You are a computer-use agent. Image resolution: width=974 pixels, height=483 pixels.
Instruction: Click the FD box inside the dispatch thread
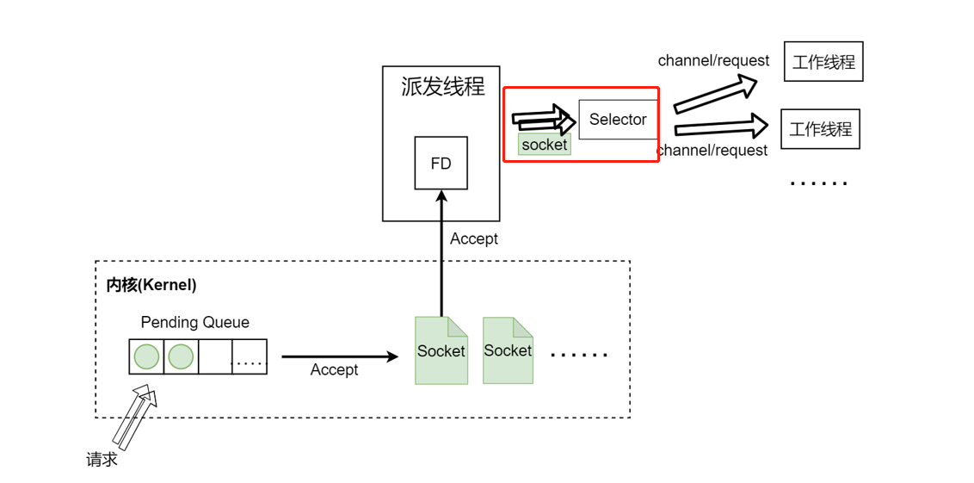click(441, 163)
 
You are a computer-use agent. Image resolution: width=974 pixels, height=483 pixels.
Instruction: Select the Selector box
click(617, 120)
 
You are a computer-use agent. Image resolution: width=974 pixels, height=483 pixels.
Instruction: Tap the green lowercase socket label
click(544, 145)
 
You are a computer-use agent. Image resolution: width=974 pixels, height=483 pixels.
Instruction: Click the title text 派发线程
click(442, 86)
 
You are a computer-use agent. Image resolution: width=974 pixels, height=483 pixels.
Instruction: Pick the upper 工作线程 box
click(823, 62)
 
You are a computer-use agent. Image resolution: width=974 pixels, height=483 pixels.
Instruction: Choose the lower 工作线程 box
click(820, 129)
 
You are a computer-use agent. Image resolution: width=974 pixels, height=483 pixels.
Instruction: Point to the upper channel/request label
click(713, 60)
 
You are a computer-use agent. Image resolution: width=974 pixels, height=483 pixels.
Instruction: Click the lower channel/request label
click(712, 151)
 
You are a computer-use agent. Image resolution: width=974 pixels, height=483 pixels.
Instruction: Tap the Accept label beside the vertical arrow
click(473, 238)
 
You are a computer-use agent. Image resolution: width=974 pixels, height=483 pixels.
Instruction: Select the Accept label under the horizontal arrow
click(334, 369)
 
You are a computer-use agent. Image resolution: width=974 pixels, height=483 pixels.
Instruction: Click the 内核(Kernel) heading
click(151, 284)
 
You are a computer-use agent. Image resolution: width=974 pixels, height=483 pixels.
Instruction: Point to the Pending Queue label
click(194, 322)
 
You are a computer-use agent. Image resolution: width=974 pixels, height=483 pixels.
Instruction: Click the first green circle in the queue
click(147, 356)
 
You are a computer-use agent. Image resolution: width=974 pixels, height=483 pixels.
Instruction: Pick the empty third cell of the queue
click(215, 356)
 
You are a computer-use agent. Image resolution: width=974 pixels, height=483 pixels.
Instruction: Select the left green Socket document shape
click(441, 350)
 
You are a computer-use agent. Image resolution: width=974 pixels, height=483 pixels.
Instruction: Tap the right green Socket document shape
click(508, 350)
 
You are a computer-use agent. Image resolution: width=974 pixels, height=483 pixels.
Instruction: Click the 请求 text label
click(102, 459)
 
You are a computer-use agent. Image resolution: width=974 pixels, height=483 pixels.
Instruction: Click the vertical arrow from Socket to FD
click(441, 258)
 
